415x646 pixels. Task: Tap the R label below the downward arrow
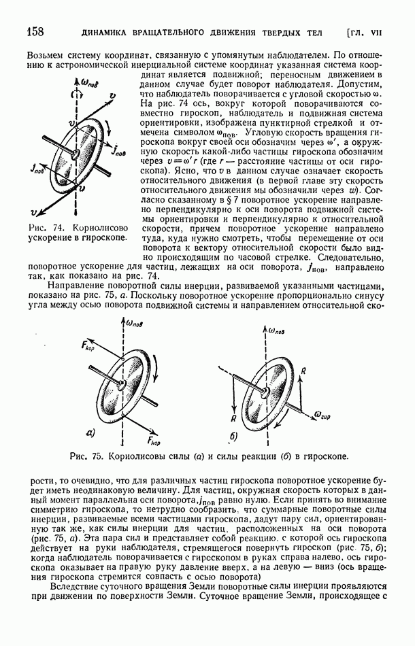coord(233,419)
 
